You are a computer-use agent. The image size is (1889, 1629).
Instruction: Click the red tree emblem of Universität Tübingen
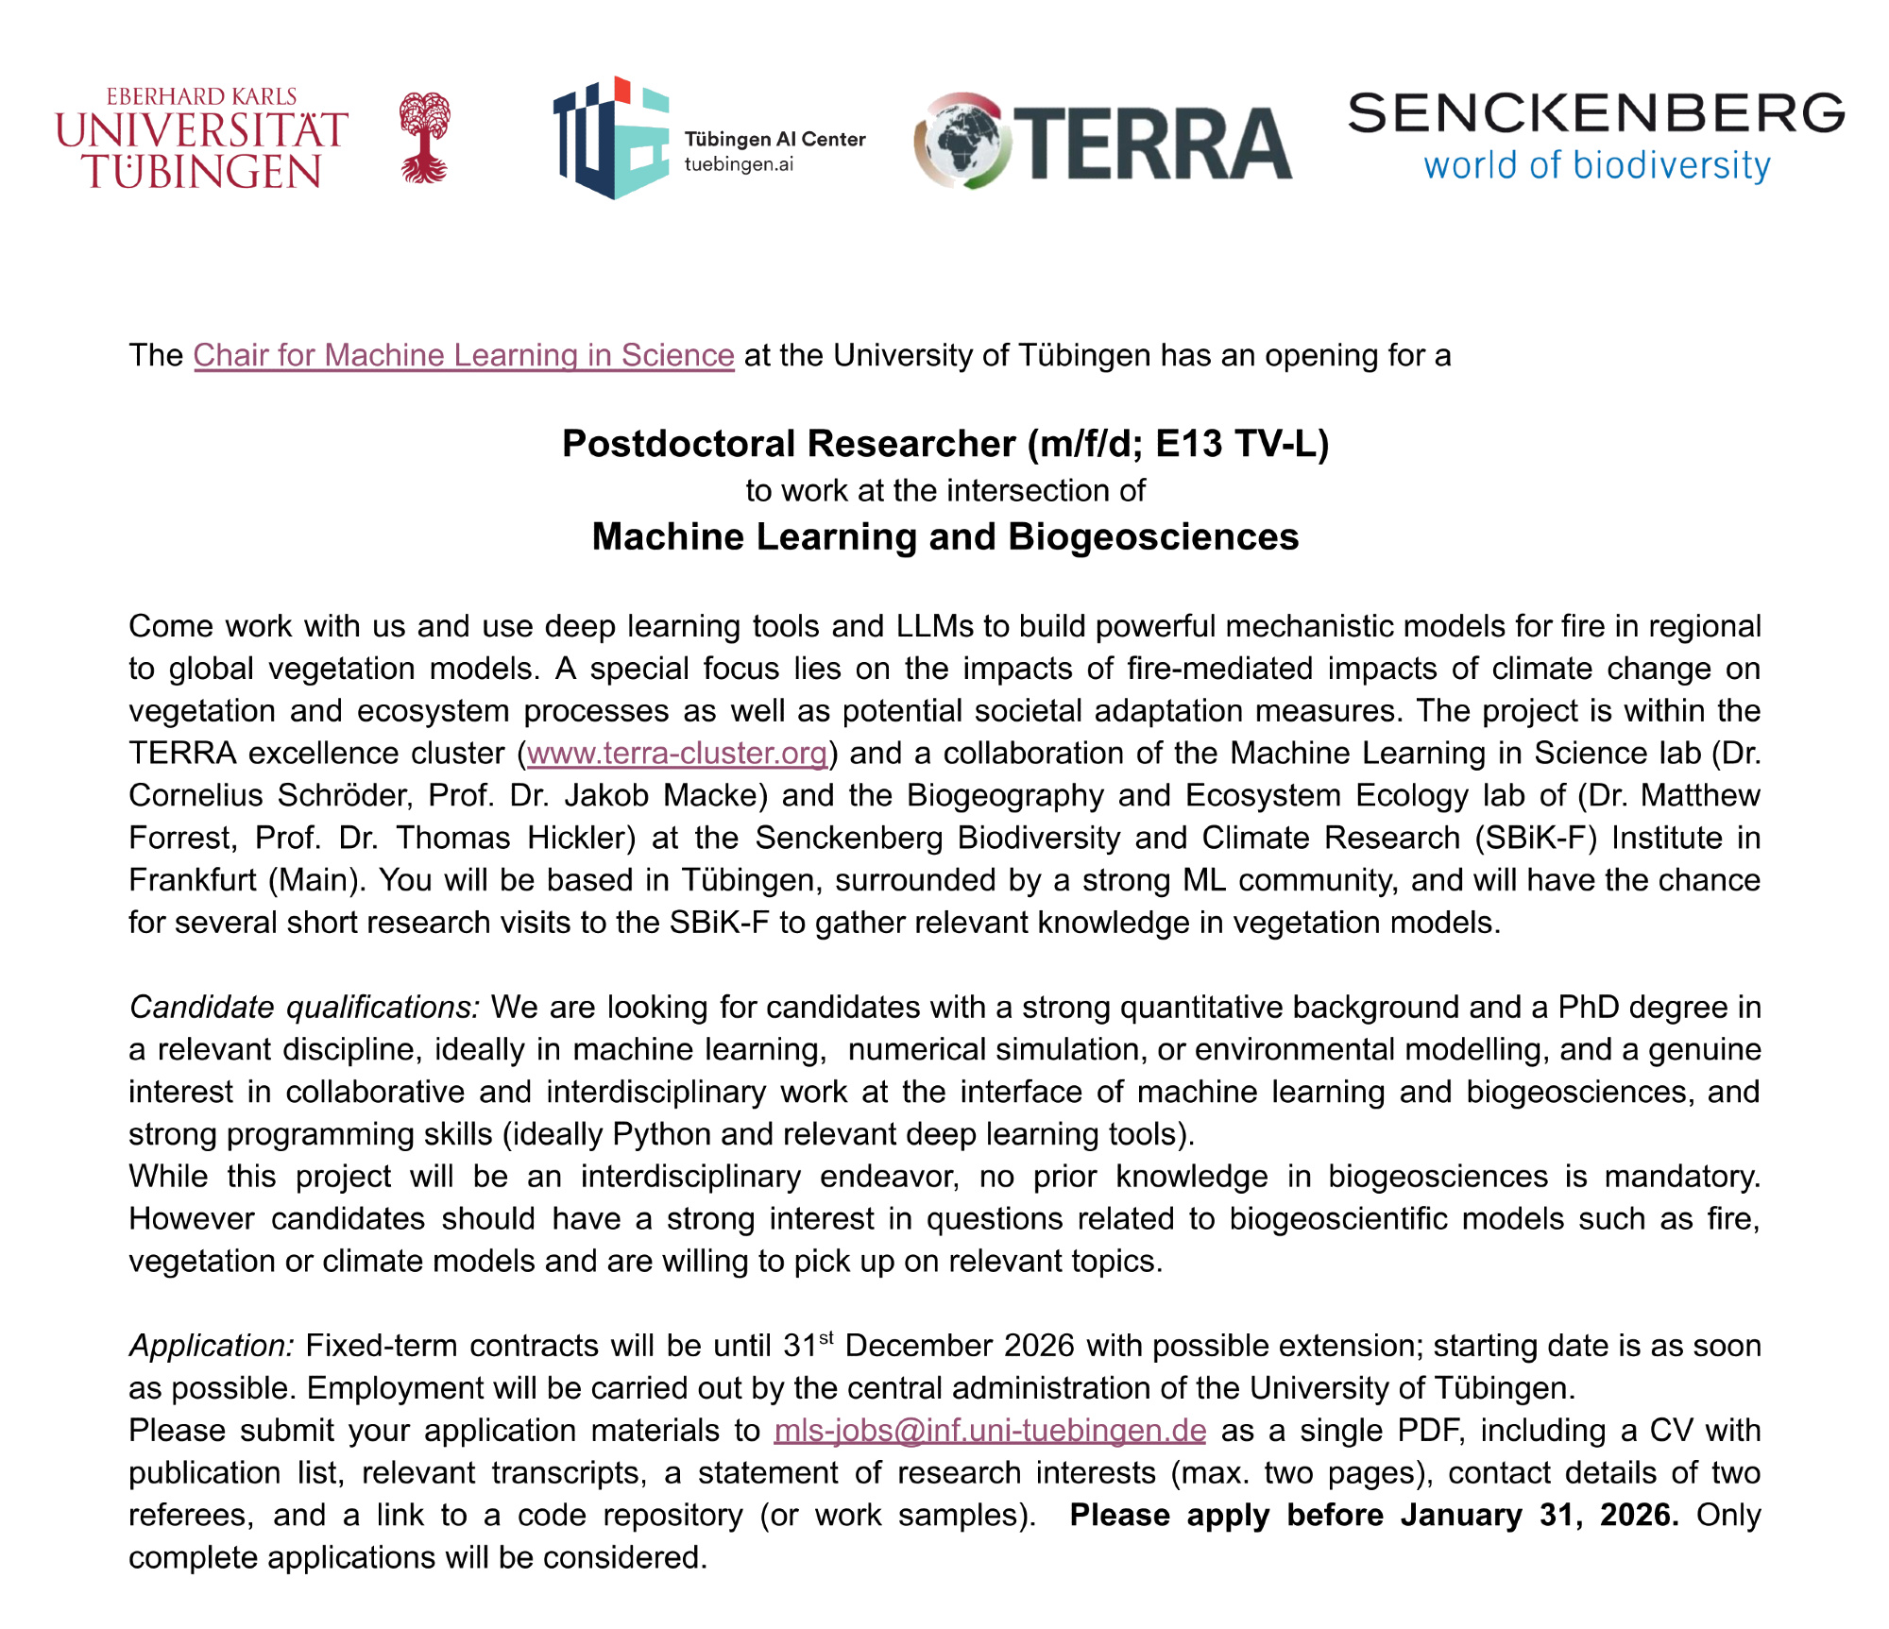coord(424,137)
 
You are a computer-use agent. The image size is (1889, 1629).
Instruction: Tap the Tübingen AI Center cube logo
coord(610,138)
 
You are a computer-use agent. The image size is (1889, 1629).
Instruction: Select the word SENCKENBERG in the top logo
coord(1595,113)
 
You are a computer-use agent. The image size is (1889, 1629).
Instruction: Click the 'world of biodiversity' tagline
coord(1596,165)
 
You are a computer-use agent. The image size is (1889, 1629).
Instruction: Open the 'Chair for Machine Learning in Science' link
coord(464,355)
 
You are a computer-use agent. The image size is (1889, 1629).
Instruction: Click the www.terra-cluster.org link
coord(677,753)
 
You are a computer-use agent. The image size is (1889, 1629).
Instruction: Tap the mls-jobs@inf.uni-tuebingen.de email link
coord(990,1430)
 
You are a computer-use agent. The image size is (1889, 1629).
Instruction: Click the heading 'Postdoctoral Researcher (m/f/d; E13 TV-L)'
coord(944,443)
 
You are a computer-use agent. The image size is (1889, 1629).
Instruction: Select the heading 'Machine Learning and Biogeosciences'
coord(944,536)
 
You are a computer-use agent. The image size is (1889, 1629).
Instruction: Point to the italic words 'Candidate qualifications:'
coord(305,1007)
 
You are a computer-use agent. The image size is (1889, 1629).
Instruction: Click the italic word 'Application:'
coord(213,1345)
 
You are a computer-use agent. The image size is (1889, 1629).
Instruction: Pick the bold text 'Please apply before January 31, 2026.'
coord(1373,1515)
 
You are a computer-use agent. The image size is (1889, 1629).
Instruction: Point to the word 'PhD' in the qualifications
coord(1588,1007)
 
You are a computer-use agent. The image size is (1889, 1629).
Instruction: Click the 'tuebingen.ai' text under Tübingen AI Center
coord(739,164)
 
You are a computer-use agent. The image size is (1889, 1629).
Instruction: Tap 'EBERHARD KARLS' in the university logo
coord(201,96)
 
